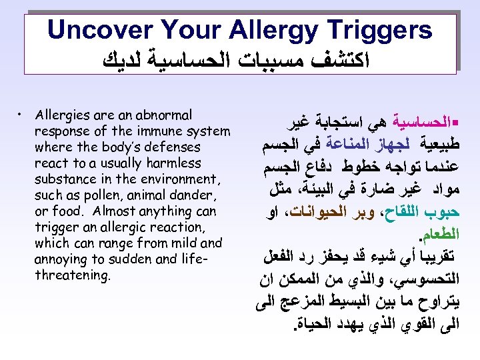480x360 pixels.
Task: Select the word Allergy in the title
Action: (x=263, y=29)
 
